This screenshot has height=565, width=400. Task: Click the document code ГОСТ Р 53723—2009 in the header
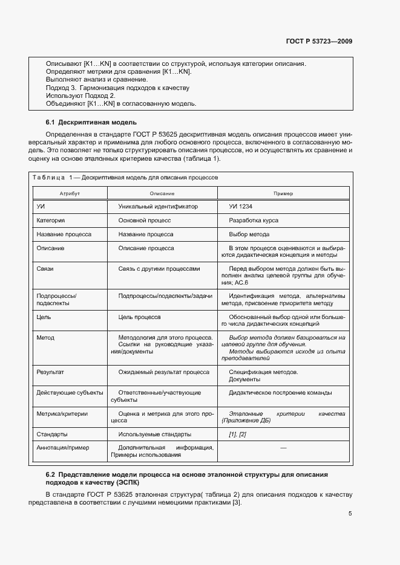[x=319, y=42]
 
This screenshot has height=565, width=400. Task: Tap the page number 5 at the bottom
[x=350, y=514]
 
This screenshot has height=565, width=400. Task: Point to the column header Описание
[x=162, y=193]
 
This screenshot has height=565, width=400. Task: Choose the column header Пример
[x=283, y=193]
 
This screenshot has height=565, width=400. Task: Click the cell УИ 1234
[x=241, y=207]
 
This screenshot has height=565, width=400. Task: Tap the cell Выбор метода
[x=249, y=234]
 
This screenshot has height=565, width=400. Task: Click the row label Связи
[x=45, y=268]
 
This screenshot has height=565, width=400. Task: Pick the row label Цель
[x=44, y=317]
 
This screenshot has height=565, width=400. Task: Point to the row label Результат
[x=50, y=372]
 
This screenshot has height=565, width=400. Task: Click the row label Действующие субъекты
[x=70, y=393]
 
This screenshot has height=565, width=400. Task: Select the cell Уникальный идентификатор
[x=158, y=207]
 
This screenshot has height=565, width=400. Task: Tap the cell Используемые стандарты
[x=155, y=434]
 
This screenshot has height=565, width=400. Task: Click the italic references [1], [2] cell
[x=237, y=434]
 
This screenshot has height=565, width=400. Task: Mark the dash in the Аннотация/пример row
[x=283, y=448]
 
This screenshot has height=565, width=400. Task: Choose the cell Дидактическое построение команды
[x=280, y=393]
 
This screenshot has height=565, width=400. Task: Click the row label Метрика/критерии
[x=62, y=414]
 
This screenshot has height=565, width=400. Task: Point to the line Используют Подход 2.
[x=80, y=95]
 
